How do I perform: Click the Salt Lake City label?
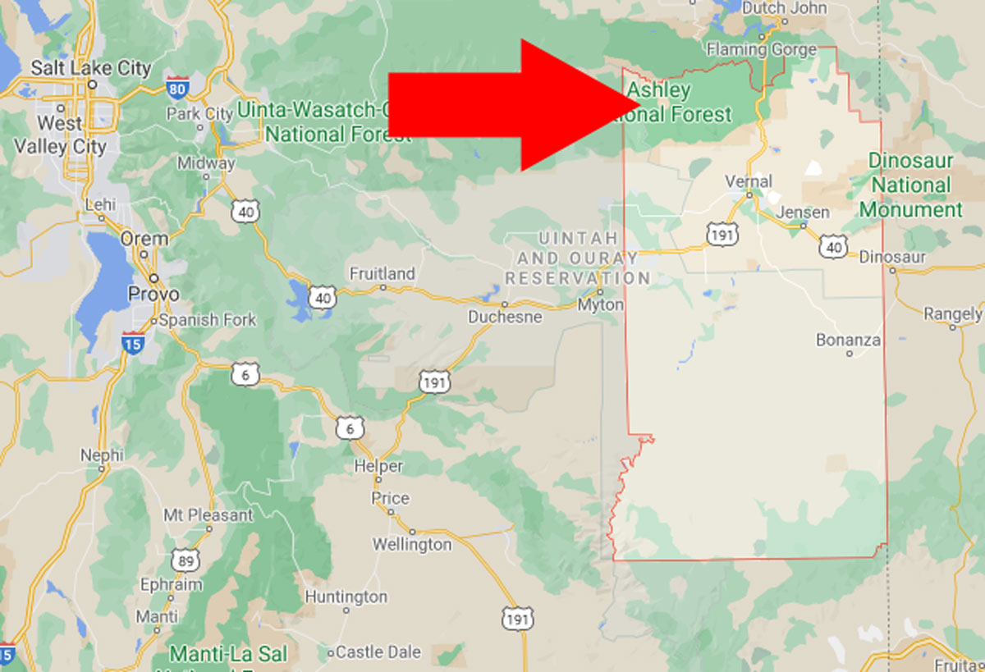90,67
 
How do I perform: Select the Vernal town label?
749,181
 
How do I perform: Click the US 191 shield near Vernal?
722,235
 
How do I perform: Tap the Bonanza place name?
849,340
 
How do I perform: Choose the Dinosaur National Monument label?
910,185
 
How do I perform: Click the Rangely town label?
952,314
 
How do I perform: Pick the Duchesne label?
505,317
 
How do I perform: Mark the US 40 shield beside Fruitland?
323,297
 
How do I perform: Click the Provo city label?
154,293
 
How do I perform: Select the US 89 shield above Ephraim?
184,560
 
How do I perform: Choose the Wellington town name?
412,544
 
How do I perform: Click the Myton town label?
601,305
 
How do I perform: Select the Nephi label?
102,455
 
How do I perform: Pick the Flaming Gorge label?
761,49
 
